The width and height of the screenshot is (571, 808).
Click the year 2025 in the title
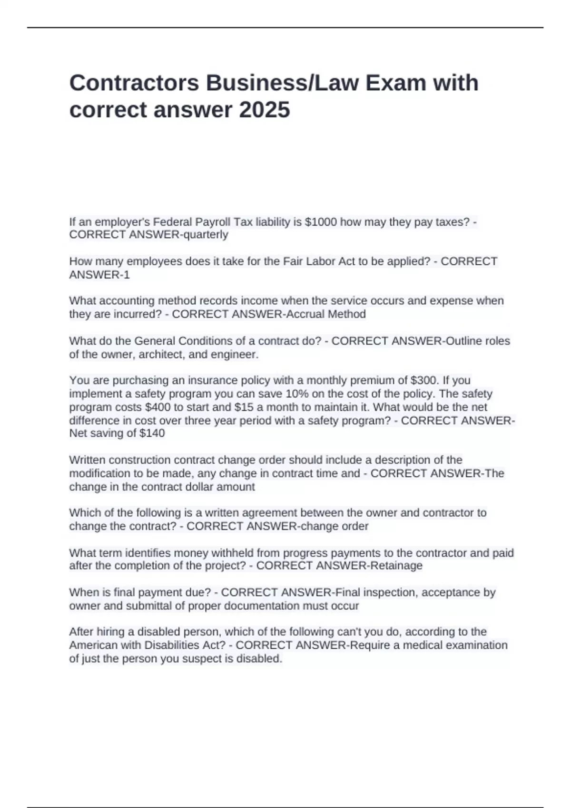(265, 110)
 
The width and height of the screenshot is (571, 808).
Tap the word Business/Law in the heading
(281, 83)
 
